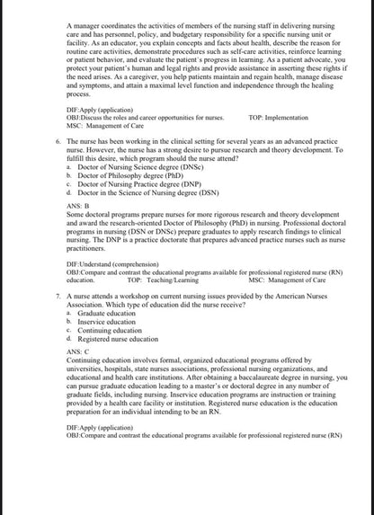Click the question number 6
pyautogui.click(x=58, y=142)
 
